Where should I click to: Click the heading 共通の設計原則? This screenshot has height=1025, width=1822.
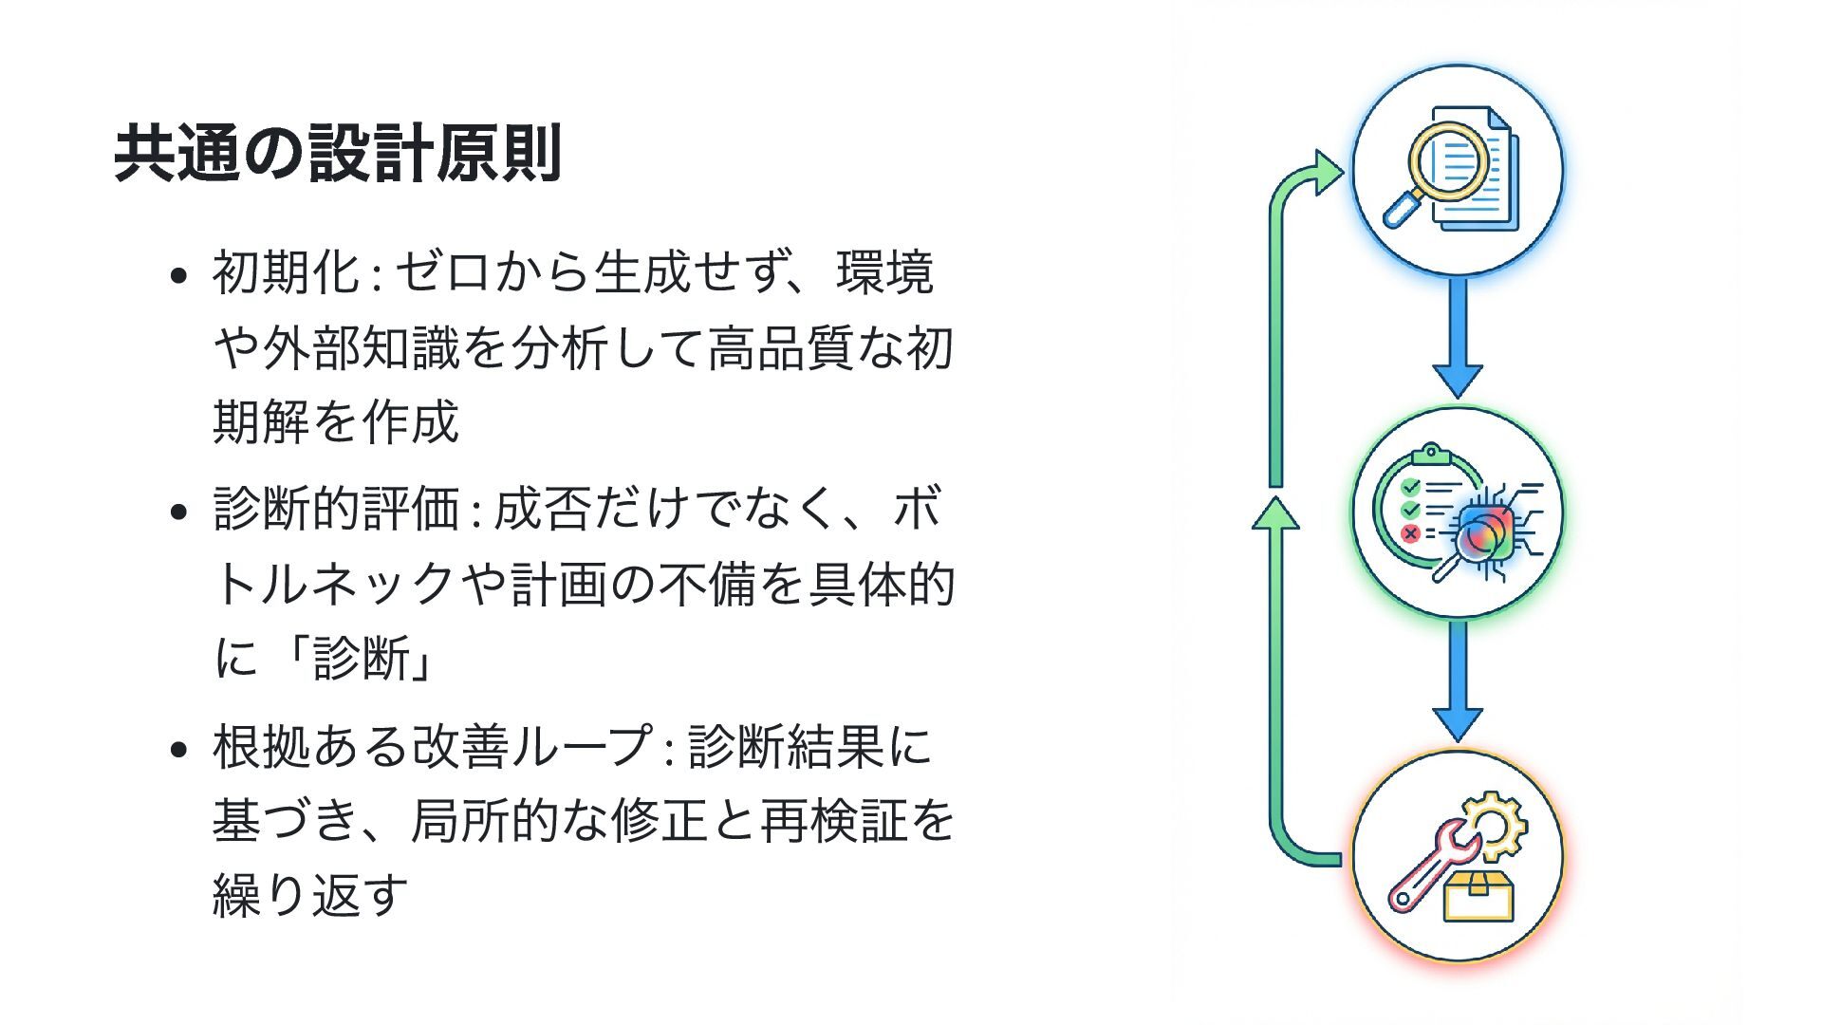(x=338, y=153)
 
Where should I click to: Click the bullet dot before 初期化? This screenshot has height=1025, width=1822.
(x=178, y=277)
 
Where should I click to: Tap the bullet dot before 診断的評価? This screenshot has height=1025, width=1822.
(x=178, y=513)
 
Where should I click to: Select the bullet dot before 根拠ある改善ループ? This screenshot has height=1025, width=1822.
(x=178, y=750)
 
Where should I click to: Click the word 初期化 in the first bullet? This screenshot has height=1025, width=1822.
(x=286, y=273)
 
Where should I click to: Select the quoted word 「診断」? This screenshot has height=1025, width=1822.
(x=362, y=658)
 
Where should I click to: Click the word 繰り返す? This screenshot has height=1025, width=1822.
(x=310, y=894)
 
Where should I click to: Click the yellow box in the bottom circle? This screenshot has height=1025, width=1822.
(x=1478, y=896)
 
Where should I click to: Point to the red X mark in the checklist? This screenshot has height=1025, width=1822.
(x=1410, y=533)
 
